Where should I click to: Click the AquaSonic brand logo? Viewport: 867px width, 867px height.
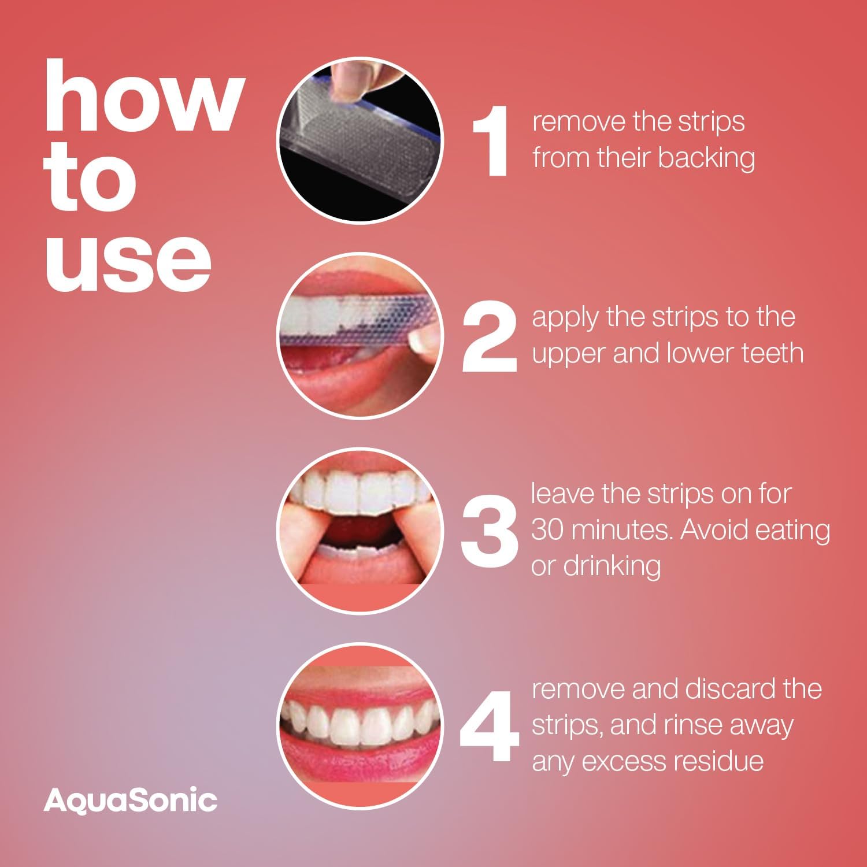coord(130,801)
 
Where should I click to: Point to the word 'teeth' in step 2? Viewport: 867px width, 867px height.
coord(771,354)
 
